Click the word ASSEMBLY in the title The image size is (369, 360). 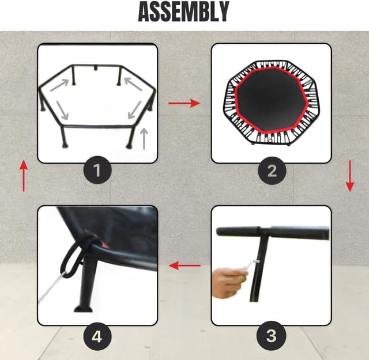tap(183, 12)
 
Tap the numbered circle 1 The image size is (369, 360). tap(97, 170)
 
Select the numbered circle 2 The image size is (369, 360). tap(272, 170)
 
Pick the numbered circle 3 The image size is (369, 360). tap(272, 336)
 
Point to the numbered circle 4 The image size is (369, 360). tap(97, 336)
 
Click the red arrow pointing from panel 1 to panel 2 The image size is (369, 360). tap(184, 103)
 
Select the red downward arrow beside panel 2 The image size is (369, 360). tap(350, 176)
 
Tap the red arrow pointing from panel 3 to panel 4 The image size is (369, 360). tap(184, 266)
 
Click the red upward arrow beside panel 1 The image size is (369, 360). tap(24, 176)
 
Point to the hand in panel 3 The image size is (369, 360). tap(228, 283)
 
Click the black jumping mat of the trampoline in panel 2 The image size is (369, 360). tap(272, 101)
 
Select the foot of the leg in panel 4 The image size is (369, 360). tap(83, 309)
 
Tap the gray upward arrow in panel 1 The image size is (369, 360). tap(144, 139)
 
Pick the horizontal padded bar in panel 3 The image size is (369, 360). tap(273, 233)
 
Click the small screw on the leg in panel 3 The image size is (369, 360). tap(256, 261)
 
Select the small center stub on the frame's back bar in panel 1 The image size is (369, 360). tap(96, 68)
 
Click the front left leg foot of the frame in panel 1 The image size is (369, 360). tap(65, 146)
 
